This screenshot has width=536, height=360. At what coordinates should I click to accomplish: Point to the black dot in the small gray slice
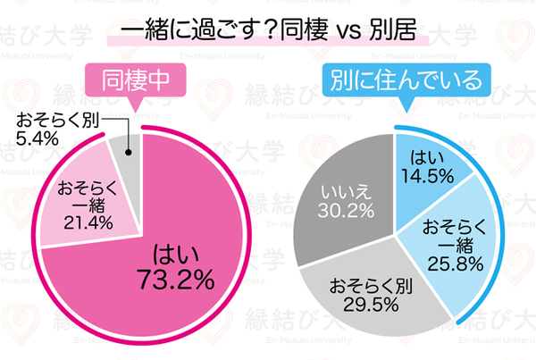(x=128, y=152)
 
